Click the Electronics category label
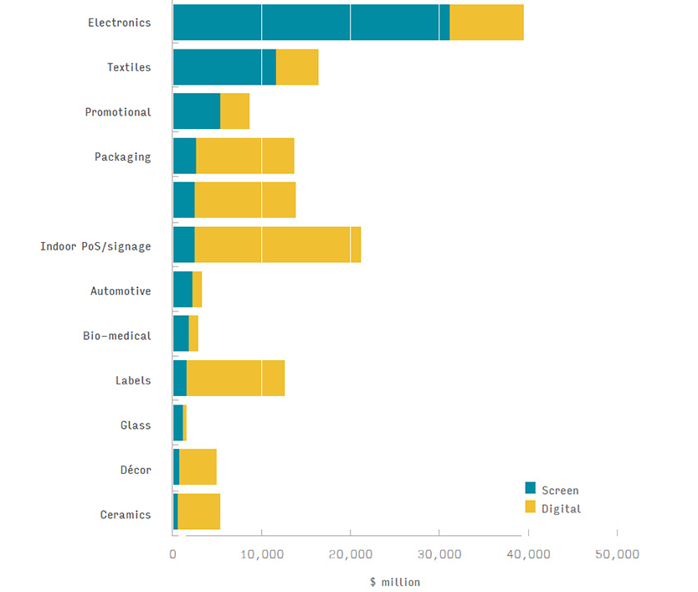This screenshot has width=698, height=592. coord(119,23)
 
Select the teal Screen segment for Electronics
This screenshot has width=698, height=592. coord(310,22)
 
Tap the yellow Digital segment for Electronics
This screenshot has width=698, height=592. coord(486,22)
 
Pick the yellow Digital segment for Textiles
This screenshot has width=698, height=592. coord(297,67)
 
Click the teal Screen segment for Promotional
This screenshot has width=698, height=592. coord(196,111)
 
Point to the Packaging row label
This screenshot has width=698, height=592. coord(122,157)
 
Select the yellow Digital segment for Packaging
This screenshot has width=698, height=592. coord(244,156)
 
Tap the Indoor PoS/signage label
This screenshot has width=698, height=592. coord(95,246)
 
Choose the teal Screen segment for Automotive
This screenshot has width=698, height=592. coord(182,290)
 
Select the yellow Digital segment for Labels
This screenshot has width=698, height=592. coord(235,378)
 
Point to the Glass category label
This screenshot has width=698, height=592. coord(136,425)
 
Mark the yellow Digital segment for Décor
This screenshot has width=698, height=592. coord(198,467)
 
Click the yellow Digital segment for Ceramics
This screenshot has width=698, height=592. coord(198,512)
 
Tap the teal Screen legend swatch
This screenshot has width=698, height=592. coord(530,488)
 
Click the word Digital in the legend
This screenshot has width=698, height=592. coord(561,508)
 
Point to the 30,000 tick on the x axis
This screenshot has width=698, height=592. coord(439,554)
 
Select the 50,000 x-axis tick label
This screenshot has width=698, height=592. coord(617,554)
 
